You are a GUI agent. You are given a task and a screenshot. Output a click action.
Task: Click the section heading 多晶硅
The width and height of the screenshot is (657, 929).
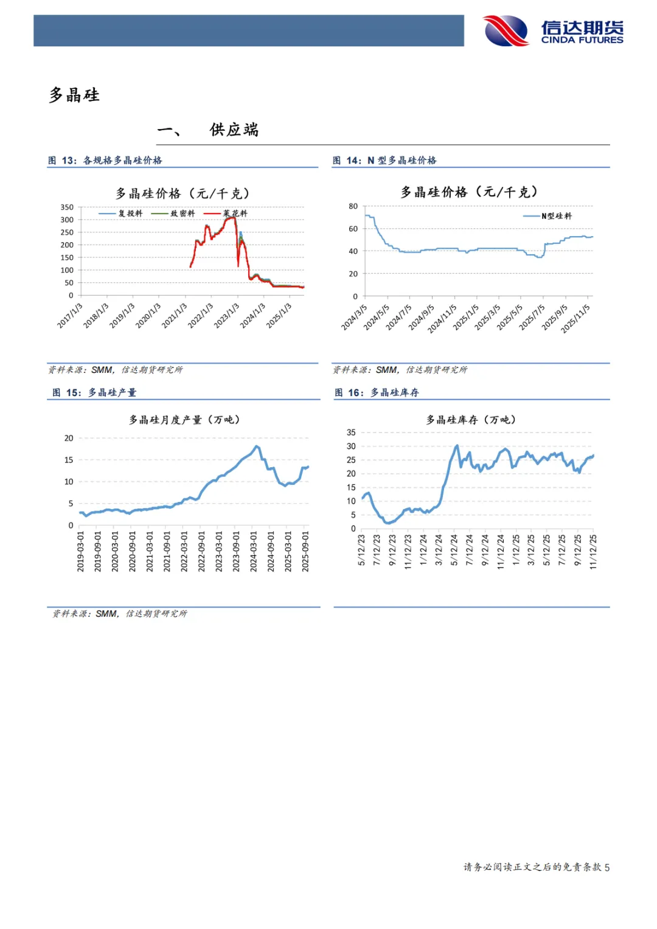point(74,96)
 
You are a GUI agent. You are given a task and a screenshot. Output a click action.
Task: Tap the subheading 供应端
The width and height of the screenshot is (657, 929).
point(234,130)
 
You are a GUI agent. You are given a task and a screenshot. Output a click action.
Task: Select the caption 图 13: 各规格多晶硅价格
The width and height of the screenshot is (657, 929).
point(105,161)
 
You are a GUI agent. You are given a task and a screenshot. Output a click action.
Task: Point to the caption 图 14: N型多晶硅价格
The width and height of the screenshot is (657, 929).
point(384,161)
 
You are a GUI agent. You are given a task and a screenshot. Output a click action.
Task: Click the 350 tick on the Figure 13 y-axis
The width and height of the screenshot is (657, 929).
point(67,207)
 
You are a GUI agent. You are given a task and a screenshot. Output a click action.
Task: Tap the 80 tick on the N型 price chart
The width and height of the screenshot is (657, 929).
point(353,207)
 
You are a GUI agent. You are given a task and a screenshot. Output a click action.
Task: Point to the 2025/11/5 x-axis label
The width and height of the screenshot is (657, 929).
point(575,318)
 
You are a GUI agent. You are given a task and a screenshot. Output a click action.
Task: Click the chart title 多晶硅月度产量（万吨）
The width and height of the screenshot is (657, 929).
point(184,420)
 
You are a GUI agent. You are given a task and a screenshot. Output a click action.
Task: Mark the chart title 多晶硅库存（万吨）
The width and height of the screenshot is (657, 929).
point(471,420)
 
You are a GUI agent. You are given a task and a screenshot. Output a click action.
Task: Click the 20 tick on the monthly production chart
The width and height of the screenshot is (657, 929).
point(69,438)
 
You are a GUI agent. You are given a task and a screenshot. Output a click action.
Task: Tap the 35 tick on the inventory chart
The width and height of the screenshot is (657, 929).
point(351,433)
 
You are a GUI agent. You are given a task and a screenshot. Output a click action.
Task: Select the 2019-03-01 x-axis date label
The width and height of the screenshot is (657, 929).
point(80,551)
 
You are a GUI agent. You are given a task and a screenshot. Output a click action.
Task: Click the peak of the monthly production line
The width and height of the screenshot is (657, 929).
point(256,446)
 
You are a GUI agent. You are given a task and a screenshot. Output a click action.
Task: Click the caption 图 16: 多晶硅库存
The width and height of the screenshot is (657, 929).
point(377,393)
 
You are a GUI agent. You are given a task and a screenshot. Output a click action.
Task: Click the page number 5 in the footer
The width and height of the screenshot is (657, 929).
point(607,868)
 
